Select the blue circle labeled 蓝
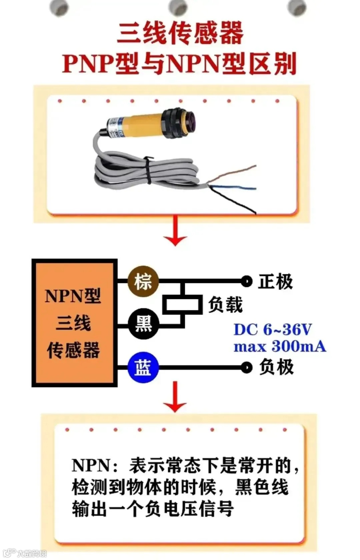tap(143, 368)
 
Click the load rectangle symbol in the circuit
tap(182, 305)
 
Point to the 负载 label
tap(225, 305)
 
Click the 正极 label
tap(275, 282)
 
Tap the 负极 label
tap(276, 367)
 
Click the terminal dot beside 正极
tap(246, 282)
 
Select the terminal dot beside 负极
tap(246, 368)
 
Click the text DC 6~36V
tap(272, 330)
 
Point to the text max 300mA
tap(279, 346)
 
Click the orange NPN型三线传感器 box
tap(74, 323)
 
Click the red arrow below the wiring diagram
tap(175, 398)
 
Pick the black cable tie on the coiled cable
tap(148, 170)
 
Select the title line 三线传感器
tap(180, 33)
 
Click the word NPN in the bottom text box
tap(91, 465)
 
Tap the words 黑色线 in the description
tap(261, 487)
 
